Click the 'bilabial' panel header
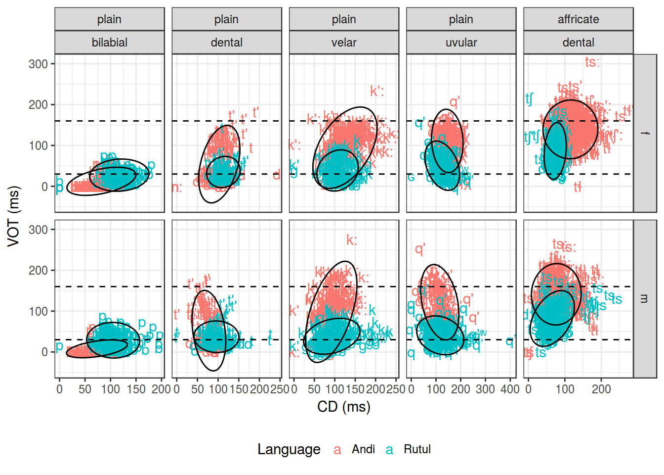[x=109, y=43]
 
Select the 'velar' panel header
[x=344, y=43]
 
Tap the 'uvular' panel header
[x=461, y=43]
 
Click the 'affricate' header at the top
[x=578, y=19]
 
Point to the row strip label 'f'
[x=645, y=133]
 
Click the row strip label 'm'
[x=645, y=299]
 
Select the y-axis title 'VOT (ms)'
[x=13, y=216]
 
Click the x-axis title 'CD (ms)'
[x=344, y=407]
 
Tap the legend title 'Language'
[x=289, y=449]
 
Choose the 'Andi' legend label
[x=363, y=449]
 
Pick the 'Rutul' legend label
[x=417, y=449]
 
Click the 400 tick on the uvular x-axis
[x=510, y=389]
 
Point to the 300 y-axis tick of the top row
[x=38, y=64]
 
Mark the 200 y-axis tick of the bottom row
[x=38, y=271]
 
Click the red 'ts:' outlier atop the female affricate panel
[x=592, y=62]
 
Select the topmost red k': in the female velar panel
[x=377, y=91]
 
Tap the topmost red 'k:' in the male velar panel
[x=351, y=240]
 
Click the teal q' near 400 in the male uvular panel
[x=510, y=340]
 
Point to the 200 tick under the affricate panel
[x=601, y=389]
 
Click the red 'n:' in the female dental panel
[x=177, y=188]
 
